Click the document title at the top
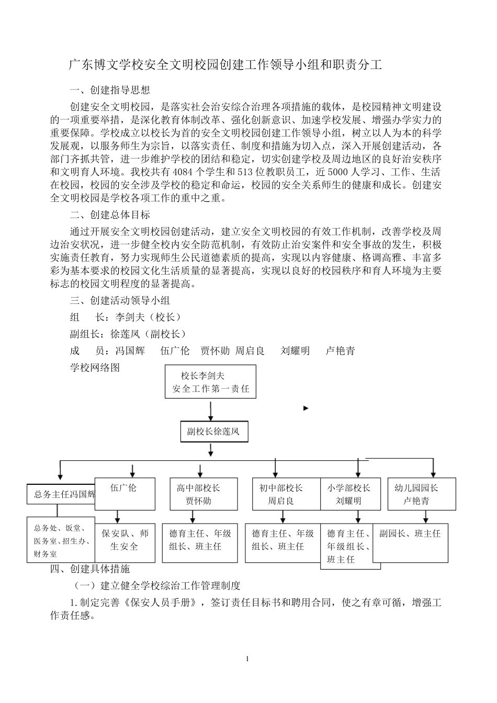click(226, 65)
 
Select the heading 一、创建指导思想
click(110, 90)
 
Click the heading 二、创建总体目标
click(110, 215)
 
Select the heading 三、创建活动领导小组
click(120, 301)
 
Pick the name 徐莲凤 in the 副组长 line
click(125, 334)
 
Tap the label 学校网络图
click(95, 368)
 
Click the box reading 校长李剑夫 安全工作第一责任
click(210, 382)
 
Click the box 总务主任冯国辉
click(61, 494)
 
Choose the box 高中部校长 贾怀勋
click(198, 494)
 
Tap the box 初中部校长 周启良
click(281, 494)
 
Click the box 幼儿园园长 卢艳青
click(417, 494)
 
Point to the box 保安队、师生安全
click(125, 540)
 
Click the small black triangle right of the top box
click(306, 408)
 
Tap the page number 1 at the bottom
click(247, 659)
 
